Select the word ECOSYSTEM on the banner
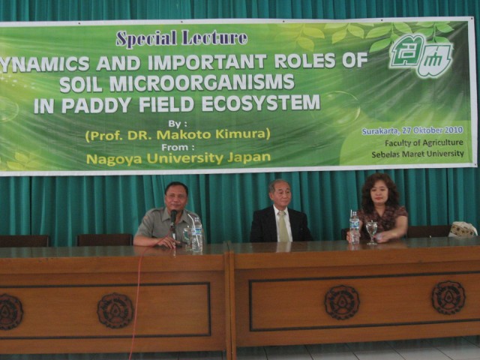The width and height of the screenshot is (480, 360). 261,103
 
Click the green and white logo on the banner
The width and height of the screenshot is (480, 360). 421,55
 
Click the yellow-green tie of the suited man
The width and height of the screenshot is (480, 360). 283,226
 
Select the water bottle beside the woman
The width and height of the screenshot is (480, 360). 354,227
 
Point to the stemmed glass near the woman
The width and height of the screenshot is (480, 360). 372,232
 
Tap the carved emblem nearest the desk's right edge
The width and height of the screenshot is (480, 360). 448,298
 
